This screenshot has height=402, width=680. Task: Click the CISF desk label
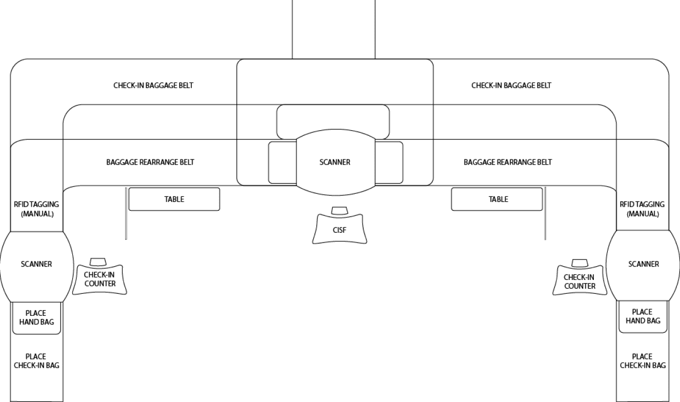click(339, 230)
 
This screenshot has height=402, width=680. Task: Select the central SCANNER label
click(334, 162)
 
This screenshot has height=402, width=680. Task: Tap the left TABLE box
click(174, 199)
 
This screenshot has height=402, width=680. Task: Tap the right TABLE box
click(497, 199)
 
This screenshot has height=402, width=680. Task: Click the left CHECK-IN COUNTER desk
click(100, 279)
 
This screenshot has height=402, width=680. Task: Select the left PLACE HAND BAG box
click(36, 317)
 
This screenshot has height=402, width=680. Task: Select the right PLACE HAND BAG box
click(642, 316)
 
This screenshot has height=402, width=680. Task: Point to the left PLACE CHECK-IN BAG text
click(36, 361)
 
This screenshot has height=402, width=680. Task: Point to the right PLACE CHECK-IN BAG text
click(642, 361)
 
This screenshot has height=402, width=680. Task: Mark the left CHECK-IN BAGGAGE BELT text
click(153, 86)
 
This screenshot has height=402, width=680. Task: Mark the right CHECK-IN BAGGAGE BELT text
click(511, 86)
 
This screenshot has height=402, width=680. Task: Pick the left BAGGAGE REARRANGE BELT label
click(150, 162)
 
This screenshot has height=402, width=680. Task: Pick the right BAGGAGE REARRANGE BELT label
click(508, 162)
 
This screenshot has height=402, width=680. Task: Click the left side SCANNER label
click(36, 265)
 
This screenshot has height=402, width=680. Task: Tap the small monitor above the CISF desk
click(339, 210)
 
